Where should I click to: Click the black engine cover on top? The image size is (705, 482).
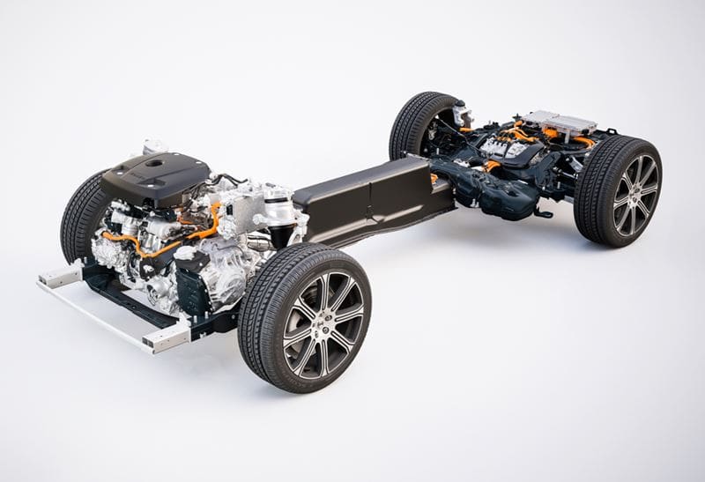pyautogui.click(x=157, y=176)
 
